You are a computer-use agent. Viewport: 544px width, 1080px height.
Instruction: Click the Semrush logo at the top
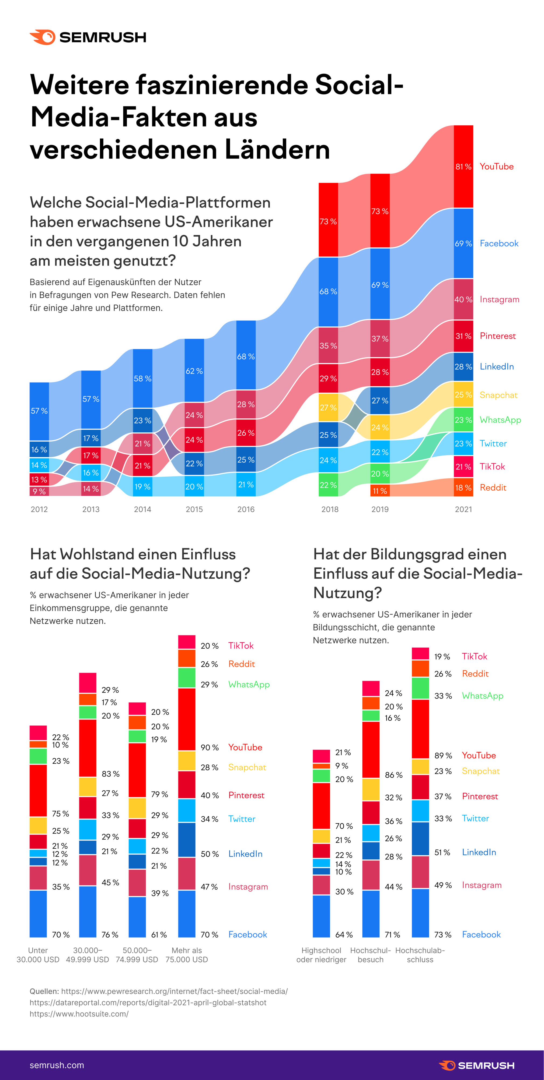point(88,37)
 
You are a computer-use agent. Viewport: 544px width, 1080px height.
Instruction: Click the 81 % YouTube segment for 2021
point(463,167)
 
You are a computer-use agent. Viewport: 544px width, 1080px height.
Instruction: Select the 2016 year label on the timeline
point(246,509)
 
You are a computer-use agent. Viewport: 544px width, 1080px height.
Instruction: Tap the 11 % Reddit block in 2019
point(380,490)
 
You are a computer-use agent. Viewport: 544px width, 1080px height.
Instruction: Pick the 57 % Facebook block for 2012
point(39,411)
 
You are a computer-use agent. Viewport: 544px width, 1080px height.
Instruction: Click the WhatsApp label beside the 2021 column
point(500,420)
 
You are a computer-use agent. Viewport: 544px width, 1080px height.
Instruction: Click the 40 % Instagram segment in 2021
point(463,299)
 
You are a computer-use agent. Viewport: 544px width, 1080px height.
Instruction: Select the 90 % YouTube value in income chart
point(210,747)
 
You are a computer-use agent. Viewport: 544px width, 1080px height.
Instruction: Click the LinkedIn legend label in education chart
point(479,852)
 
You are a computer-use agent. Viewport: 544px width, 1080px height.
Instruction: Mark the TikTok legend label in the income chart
point(241,646)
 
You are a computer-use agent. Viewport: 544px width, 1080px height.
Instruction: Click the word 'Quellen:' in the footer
point(44,991)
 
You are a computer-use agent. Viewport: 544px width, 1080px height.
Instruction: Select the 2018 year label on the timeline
point(330,509)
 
